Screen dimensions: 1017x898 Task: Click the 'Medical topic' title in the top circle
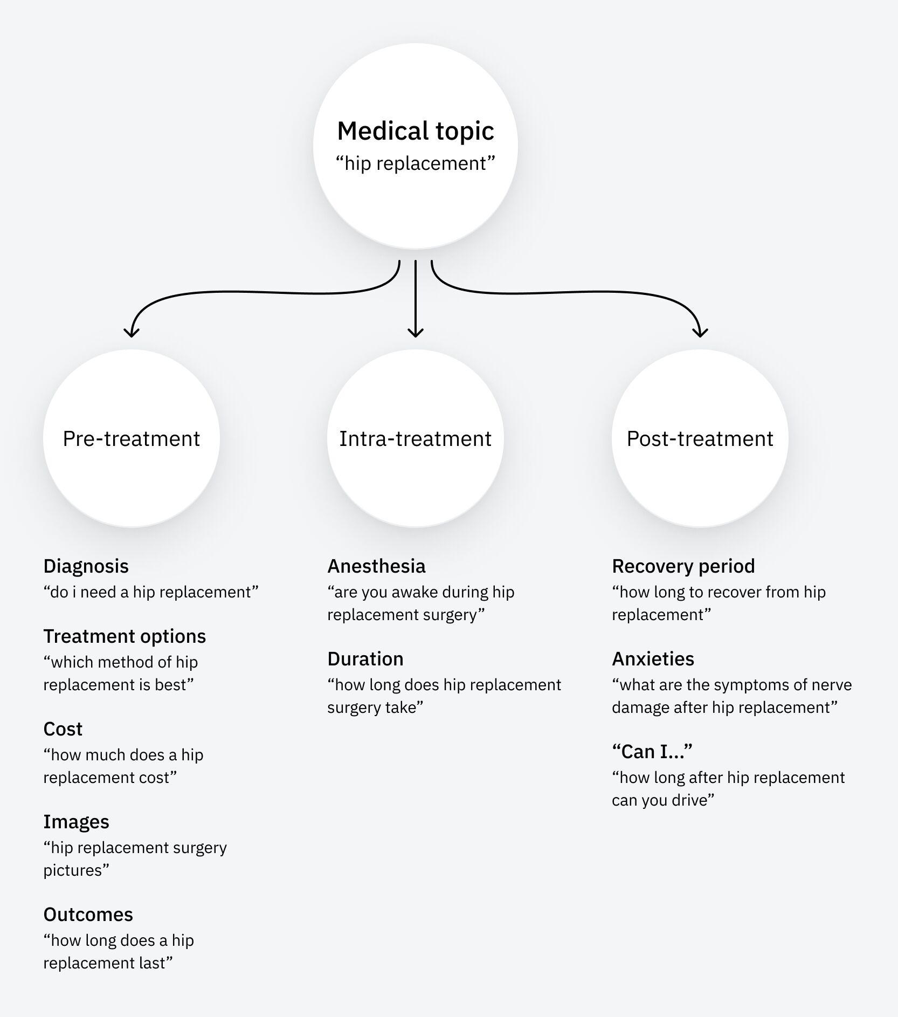(415, 131)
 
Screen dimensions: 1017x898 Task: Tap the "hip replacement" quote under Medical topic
(415, 163)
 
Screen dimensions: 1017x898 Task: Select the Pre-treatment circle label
(131, 438)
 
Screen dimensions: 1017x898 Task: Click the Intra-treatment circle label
(415, 438)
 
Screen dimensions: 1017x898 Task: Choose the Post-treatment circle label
(700, 438)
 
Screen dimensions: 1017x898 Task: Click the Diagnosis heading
(86, 566)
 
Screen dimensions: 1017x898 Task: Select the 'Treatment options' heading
(125, 636)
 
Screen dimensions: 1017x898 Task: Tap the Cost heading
(63, 729)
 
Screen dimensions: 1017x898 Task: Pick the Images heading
(76, 822)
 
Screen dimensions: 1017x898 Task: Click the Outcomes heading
(88, 915)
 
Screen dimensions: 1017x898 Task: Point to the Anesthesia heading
(376, 566)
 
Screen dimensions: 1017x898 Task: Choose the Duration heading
(365, 659)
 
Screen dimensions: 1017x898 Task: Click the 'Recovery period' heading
(683, 566)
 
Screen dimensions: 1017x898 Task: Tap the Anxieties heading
(653, 659)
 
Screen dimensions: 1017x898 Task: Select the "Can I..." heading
(652, 752)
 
